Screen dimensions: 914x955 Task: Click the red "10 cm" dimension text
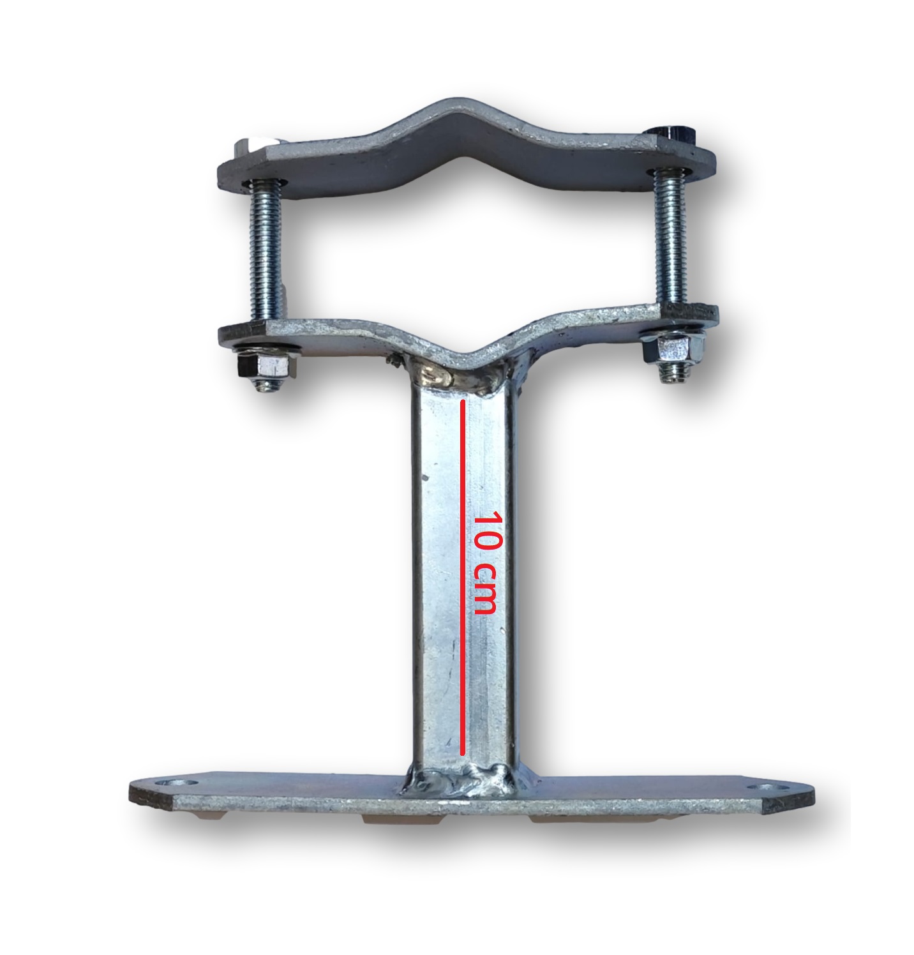point(485,562)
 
